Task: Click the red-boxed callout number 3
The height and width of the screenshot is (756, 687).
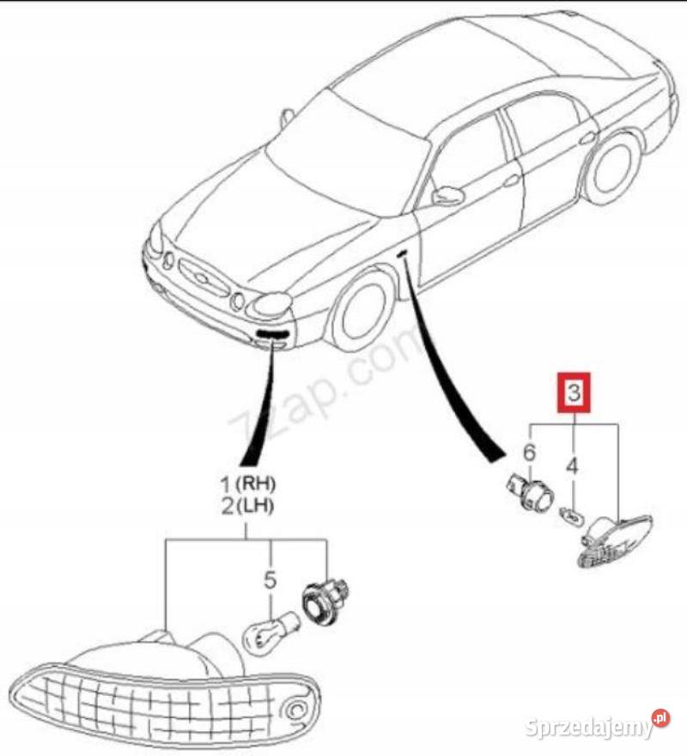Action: coord(574,393)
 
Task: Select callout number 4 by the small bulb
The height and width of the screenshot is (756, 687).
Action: coord(572,466)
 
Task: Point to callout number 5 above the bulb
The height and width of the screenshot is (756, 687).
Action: coord(271,579)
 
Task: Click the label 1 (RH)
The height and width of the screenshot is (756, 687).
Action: coord(246,482)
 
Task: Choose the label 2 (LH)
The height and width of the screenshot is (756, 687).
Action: coord(246,506)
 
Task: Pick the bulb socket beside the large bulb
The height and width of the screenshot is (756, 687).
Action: coord(325,601)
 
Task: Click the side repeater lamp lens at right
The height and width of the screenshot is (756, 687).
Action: coord(615,541)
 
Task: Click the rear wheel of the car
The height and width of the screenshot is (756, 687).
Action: coord(611,168)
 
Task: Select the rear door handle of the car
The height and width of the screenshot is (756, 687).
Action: coord(587,139)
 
